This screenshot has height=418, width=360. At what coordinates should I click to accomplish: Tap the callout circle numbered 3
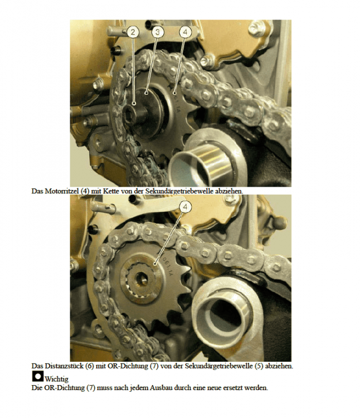coord(158,32)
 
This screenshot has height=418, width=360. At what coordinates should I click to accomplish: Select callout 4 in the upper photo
coord(184,32)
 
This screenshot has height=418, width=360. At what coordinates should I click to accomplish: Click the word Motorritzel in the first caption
coord(62,191)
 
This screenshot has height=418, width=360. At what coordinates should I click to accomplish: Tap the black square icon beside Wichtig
coord(37,377)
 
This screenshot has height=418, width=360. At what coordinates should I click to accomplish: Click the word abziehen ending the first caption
coord(229,191)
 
